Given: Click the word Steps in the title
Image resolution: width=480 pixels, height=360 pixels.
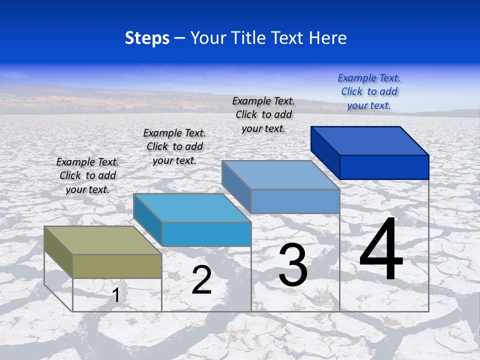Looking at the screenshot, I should click(x=147, y=38).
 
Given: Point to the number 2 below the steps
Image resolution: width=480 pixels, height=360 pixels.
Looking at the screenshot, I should click(x=201, y=280).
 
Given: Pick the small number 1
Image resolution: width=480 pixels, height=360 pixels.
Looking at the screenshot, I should click(x=116, y=295).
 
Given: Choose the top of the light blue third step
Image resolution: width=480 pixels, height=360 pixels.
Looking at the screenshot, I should click(x=280, y=175).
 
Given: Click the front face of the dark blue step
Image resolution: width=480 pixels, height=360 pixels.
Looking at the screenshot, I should click(x=384, y=167).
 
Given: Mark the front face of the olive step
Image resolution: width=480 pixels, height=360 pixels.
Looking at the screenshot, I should click(x=117, y=266).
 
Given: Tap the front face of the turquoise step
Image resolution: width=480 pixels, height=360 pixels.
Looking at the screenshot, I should click(x=206, y=234).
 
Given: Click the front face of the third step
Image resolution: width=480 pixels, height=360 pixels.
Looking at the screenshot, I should click(x=295, y=201).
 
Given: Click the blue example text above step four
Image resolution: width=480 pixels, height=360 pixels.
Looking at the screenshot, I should click(x=369, y=91).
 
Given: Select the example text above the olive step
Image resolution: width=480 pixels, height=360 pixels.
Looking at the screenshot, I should click(x=87, y=175).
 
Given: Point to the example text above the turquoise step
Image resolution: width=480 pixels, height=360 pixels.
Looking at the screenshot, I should click(x=174, y=146).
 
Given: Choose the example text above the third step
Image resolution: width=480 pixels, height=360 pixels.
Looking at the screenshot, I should click(x=263, y=114).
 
